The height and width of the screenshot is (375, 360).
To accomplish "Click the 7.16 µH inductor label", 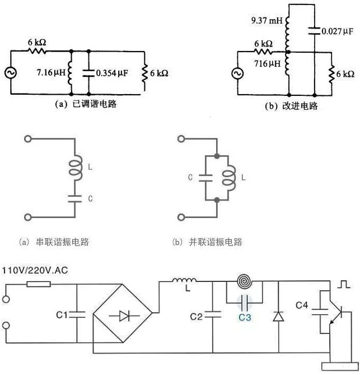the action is pos(51,72).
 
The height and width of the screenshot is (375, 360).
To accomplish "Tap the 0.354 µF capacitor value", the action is pos(112,73).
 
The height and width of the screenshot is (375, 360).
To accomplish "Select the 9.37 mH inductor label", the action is pos(267,21).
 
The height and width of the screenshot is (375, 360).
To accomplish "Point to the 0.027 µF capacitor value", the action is pos(337,31).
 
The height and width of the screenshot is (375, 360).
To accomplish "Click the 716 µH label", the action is pos(267,63).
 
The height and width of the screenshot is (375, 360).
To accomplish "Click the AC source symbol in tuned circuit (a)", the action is pos(11,73).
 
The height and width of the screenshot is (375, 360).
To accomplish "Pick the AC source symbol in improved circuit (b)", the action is pos(237,73).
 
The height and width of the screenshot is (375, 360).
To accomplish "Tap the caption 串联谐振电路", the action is pos(62,242).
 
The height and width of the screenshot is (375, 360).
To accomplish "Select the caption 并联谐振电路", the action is pos(216,242).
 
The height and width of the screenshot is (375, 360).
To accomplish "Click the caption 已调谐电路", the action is pos(95,104).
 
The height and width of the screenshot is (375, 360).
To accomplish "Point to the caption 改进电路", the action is pos(300,106).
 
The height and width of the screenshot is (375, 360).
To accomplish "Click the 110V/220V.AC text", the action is pos(35,271).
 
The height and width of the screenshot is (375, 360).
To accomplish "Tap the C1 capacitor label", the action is pos(62,314).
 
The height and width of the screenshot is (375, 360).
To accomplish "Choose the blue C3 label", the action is pos(245,317).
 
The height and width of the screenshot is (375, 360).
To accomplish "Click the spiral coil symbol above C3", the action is pos(244,281).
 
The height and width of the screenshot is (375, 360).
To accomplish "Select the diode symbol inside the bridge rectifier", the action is pos(125,316).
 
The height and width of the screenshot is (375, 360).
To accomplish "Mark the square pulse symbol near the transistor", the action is pos(344,284).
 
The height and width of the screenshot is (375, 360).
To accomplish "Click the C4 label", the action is pos(302,305).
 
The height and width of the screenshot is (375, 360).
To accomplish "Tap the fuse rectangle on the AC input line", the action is pos(39,284).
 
